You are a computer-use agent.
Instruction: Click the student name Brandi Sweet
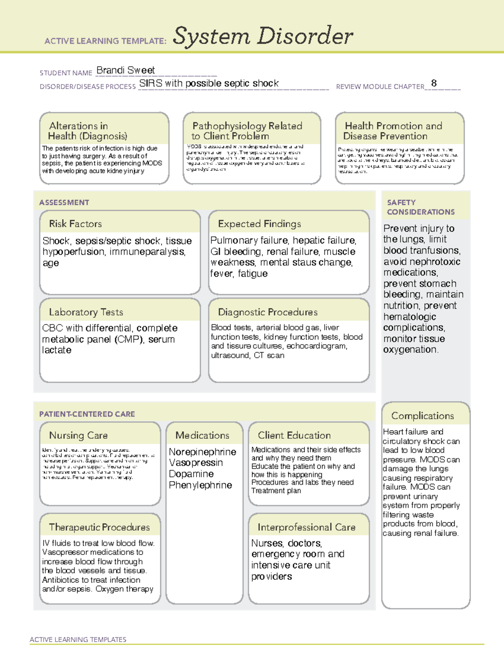[x=126, y=71]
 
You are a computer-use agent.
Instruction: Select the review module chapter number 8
[x=434, y=83]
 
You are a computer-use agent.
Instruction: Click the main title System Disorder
[x=262, y=36]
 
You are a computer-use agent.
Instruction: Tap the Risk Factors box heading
[x=75, y=224]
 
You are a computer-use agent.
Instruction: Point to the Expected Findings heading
[x=259, y=224]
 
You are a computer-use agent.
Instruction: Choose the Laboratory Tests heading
[x=86, y=312]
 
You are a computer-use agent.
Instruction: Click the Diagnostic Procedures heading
[x=268, y=312]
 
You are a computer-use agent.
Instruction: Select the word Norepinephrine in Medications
[x=202, y=452]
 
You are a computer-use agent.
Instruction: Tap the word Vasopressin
[x=196, y=463]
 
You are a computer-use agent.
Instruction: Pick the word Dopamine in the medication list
[x=191, y=474]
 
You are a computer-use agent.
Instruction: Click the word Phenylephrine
[x=200, y=485]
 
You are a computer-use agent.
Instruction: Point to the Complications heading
[x=423, y=416]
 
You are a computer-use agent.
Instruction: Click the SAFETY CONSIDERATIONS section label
[x=420, y=207]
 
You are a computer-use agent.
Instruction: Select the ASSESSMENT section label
[x=64, y=202]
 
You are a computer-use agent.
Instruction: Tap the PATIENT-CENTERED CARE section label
[x=87, y=414]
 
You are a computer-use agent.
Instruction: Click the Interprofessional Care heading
[x=306, y=527]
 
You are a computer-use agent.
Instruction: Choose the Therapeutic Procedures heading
[x=99, y=527]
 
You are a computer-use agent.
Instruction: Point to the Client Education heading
[x=294, y=435]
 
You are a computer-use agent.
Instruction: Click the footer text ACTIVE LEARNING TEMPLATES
[x=78, y=639]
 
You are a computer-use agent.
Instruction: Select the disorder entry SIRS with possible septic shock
[x=209, y=84]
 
